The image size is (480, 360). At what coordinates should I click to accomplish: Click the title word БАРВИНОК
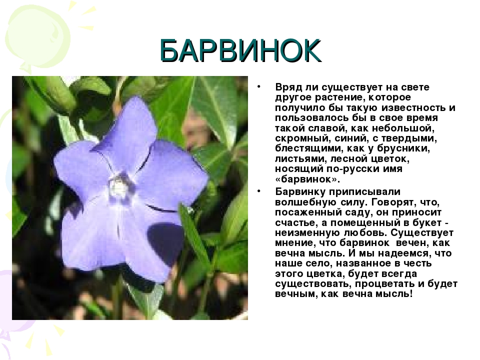pyautogui.click(x=240, y=51)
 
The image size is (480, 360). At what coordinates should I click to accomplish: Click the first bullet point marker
pyautogui.click(x=258, y=87)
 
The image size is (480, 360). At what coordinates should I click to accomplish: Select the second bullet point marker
pyautogui.click(x=258, y=191)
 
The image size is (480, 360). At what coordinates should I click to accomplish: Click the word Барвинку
pyautogui.click(x=300, y=192)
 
